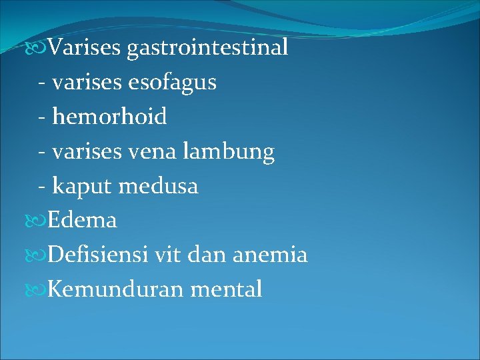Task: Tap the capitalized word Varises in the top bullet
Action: pos(84,47)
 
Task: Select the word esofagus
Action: pos(175,82)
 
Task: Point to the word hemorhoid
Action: pos(109,117)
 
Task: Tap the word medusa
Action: pos(159,186)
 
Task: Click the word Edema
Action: pos(83,220)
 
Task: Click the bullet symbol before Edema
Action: pos(41,221)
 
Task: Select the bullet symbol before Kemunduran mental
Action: pos(41,290)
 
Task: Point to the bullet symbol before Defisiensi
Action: pos(41,255)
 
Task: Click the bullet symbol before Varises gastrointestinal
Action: pos(41,48)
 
